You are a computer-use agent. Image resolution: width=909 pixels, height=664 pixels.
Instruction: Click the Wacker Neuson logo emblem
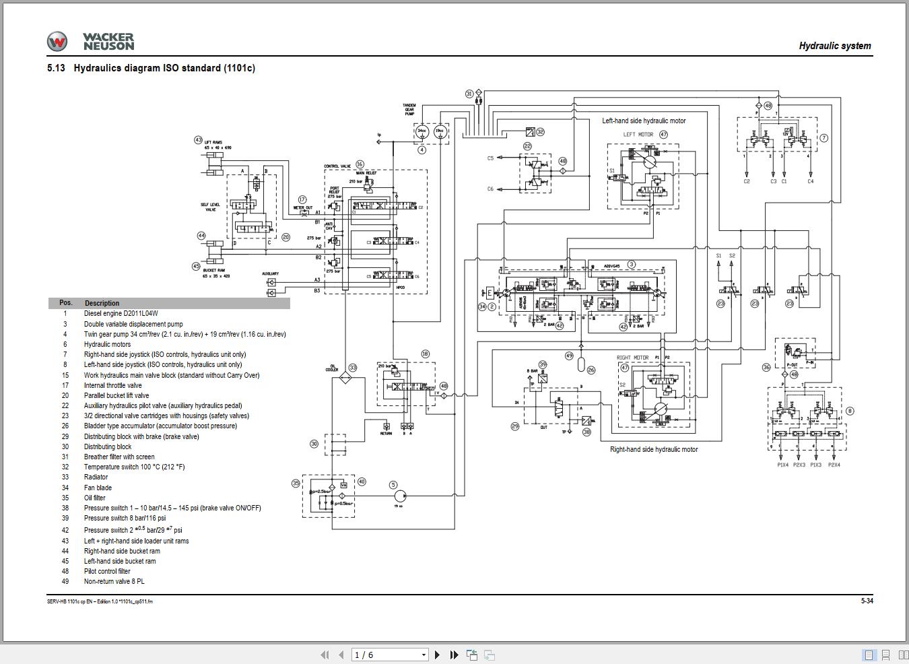pos(57,42)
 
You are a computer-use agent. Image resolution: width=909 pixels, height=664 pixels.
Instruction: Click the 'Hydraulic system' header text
pos(834,46)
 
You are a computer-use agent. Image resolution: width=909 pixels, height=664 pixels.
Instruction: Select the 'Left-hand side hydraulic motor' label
pos(644,121)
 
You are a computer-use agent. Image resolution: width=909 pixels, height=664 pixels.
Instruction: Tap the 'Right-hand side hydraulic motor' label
pos(654,449)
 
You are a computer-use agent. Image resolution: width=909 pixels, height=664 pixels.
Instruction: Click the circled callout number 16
pos(360,164)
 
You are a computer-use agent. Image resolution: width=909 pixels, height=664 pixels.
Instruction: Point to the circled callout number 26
pos(591,370)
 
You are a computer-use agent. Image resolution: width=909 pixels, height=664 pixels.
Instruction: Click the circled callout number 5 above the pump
pos(393,485)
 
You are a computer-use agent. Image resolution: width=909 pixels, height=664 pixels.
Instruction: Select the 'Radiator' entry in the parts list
pos(96,477)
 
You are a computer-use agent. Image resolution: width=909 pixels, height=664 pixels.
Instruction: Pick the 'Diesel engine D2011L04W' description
pos(121,313)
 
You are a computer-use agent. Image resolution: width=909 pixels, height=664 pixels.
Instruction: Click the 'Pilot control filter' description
pos(107,571)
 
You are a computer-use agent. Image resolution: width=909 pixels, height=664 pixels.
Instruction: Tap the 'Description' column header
pos(102,303)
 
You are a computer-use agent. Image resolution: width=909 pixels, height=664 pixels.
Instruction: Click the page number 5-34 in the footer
pos(867,601)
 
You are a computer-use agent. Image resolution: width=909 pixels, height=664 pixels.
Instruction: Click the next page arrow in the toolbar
pos(437,655)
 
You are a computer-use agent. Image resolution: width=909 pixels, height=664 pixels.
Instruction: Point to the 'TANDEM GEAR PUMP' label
pos(409,109)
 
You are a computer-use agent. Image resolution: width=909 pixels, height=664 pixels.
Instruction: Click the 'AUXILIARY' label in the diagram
pos(270,274)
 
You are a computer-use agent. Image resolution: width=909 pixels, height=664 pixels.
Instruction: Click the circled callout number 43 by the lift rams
pos(198,140)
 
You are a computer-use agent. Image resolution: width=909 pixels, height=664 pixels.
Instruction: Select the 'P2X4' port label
pos(834,465)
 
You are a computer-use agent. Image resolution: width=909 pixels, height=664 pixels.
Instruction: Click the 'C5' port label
pos(490,158)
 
